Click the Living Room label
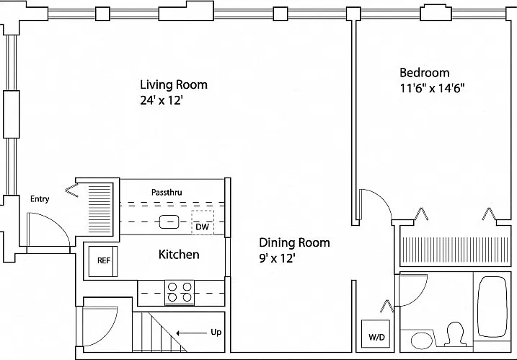point(174,85)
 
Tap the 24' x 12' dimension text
point(162,100)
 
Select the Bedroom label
point(425,73)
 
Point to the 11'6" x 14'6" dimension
point(432,88)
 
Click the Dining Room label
point(294,242)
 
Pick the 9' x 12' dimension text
point(277,258)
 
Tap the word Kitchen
point(179,255)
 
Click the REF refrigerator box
point(103,261)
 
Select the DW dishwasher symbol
point(203,222)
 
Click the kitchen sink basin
point(169,221)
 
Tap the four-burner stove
point(180,293)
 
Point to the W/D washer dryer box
point(376,333)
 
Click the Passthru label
point(167,192)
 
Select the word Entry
point(40,199)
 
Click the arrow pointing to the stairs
point(191,333)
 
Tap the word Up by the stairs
point(216,333)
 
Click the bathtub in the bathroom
point(492,307)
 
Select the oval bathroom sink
point(422,341)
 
